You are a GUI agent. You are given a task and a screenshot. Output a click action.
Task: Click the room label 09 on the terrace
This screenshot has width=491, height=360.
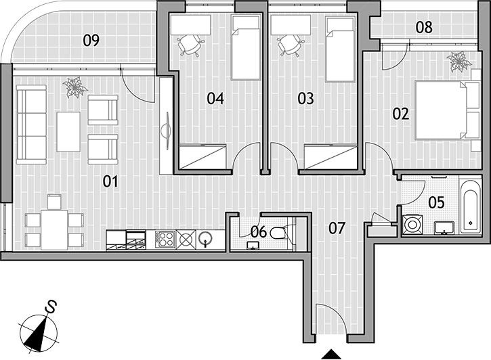tap(91, 41)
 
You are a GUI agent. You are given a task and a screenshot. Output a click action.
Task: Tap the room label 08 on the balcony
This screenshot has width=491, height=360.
tap(425, 27)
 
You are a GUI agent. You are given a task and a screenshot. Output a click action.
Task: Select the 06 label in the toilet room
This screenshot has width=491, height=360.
tap(259, 231)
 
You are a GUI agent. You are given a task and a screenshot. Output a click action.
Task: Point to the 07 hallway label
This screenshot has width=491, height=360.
tap(337, 228)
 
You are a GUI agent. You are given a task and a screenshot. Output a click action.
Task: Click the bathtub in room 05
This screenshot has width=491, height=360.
tap(470, 207)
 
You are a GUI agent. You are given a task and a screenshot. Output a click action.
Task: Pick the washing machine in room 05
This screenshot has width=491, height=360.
tap(412, 224)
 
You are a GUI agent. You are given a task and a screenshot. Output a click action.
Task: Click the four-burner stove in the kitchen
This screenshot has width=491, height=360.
tap(165, 240)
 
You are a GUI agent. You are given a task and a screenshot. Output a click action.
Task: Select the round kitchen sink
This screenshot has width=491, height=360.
tap(206, 240)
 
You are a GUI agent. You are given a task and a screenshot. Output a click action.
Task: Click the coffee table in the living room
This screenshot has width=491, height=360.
tap(68, 132)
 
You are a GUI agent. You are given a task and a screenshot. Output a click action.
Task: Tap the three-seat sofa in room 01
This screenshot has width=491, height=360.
tap(31, 125)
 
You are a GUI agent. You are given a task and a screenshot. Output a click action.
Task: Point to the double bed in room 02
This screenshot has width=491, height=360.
tap(448, 110)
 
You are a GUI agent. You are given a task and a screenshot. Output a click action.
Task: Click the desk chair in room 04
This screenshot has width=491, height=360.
tap(190, 45)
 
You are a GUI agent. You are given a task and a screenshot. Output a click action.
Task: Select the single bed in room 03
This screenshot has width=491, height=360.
tap(340, 49)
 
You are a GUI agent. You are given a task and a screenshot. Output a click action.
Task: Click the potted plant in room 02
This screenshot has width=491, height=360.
tap(458, 62)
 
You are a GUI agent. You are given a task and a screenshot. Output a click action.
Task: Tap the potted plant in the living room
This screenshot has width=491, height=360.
tap(75, 87)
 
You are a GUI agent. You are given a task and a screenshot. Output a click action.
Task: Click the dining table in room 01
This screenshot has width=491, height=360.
tap(54, 230)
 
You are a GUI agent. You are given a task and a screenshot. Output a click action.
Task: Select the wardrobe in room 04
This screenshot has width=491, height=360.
tap(203, 157)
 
